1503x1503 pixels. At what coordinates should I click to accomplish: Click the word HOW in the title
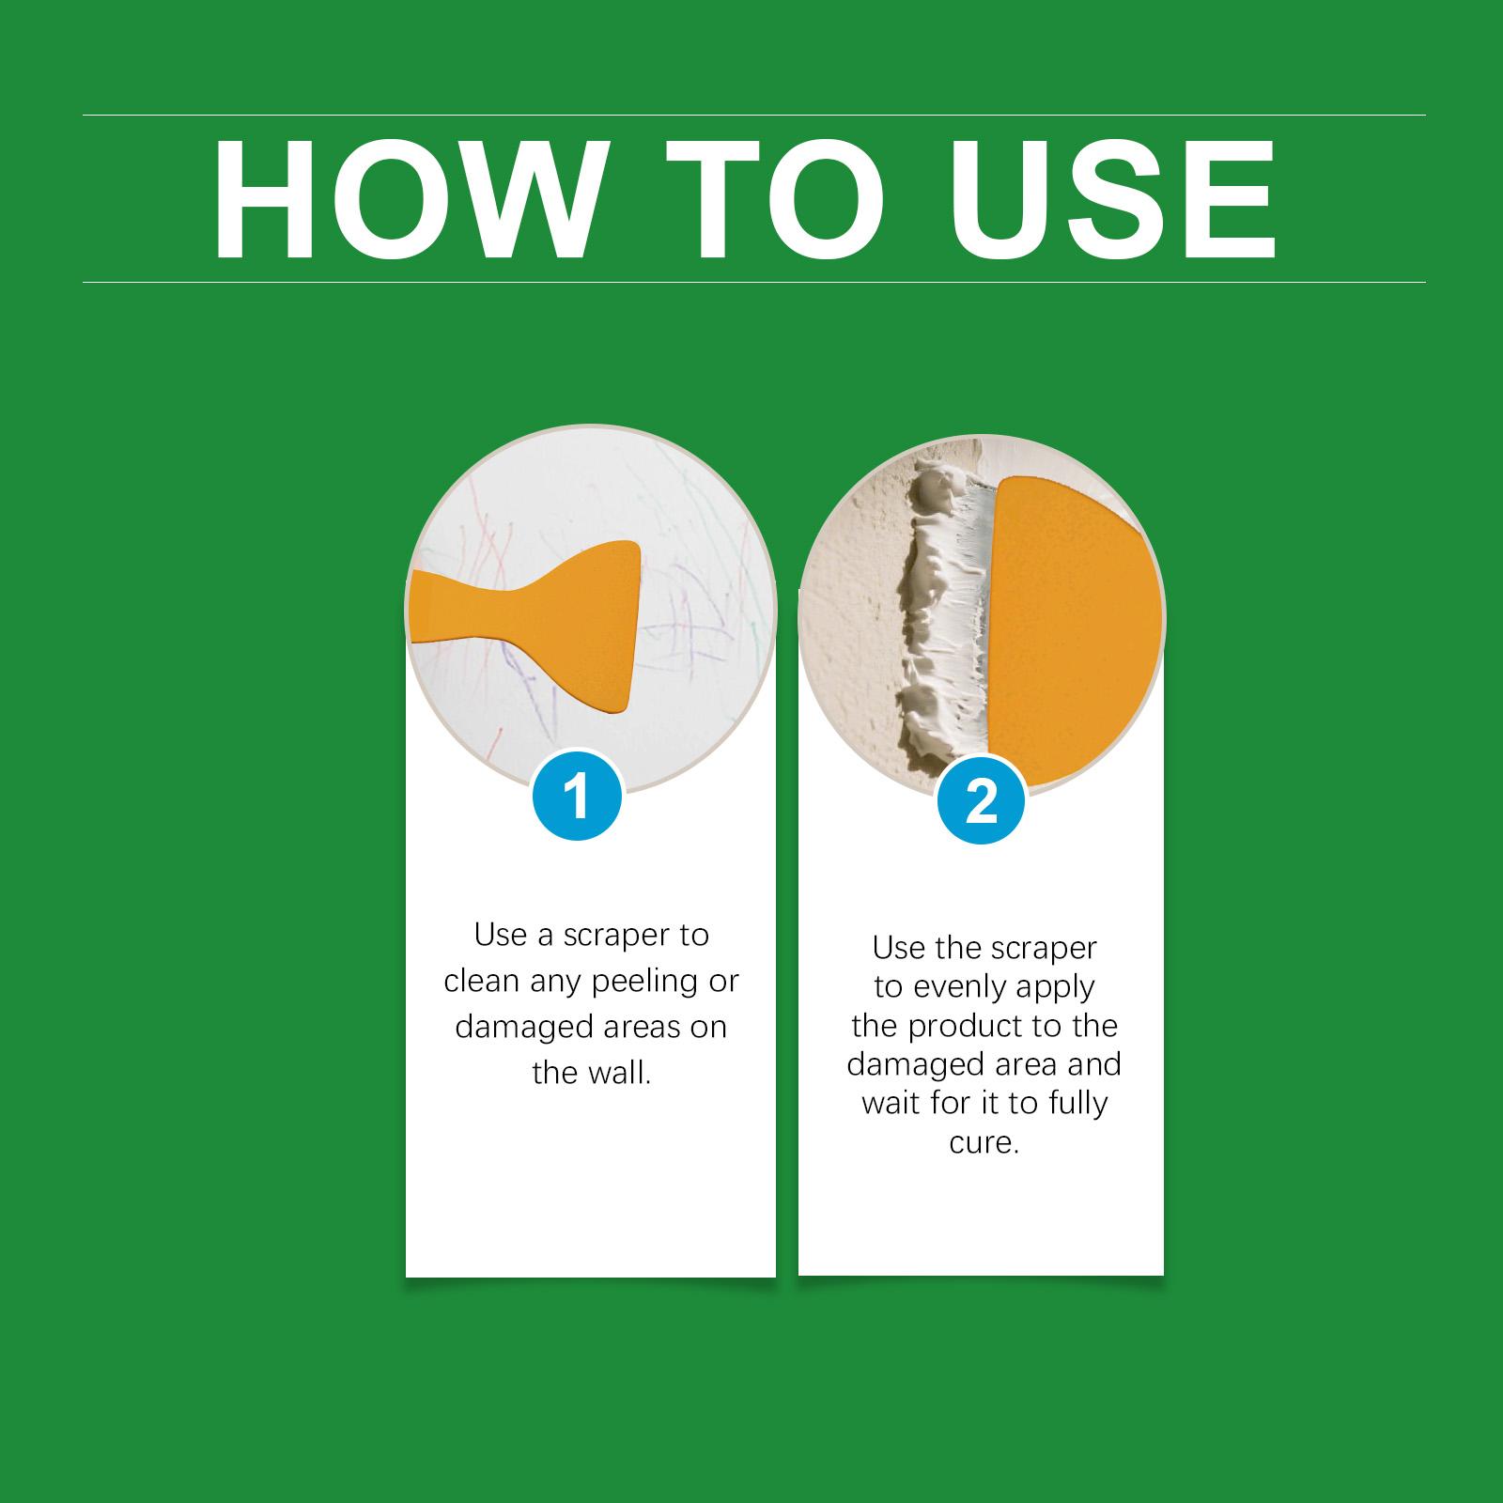point(406,200)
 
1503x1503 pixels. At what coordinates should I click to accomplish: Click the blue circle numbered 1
point(577,797)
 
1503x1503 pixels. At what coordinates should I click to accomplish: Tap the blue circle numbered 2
point(981,800)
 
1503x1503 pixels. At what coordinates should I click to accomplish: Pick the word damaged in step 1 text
point(519,1027)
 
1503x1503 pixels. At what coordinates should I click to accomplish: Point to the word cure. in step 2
point(984,1143)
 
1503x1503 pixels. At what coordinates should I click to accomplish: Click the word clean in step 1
point(481,981)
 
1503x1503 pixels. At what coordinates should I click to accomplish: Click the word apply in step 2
point(1061,988)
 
